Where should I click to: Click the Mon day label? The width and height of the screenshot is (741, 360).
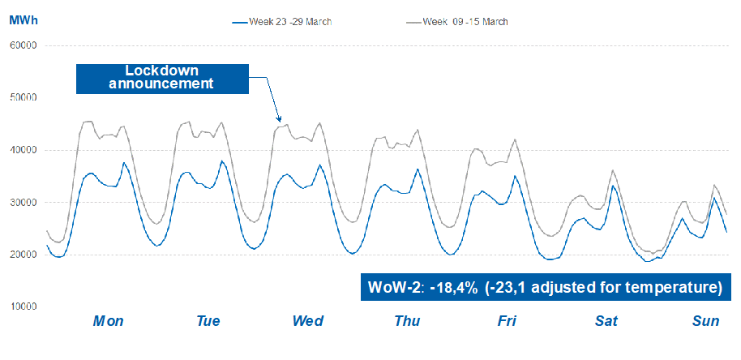pyautogui.click(x=108, y=321)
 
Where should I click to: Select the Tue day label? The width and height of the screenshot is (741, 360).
pyautogui.click(x=208, y=321)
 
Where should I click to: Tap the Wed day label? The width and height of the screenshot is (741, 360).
pyautogui.click(x=308, y=321)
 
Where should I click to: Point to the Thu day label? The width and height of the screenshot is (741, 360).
pyautogui.click(x=407, y=321)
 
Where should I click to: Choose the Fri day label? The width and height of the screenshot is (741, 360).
pyautogui.click(x=507, y=321)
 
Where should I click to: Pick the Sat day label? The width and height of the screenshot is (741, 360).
pyautogui.click(x=606, y=321)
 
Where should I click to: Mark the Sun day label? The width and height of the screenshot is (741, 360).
pyautogui.click(x=706, y=321)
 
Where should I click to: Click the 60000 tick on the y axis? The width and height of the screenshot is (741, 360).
pyautogui.click(x=24, y=46)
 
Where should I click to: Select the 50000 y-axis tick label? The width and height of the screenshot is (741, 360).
pyautogui.click(x=24, y=98)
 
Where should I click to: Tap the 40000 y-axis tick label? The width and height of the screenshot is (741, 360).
pyautogui.click(x=24, y=150)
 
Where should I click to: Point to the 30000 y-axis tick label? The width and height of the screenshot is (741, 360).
pyautogui.click(x=24, y=203)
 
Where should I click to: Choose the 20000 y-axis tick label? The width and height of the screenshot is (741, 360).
pyautogui.click(x=24, y=255)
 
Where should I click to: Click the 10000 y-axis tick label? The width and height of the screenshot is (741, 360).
pyautogui.click(x=24, y=306)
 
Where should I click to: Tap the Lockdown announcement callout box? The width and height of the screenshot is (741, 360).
pyautogui.click(x=162, y=78)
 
